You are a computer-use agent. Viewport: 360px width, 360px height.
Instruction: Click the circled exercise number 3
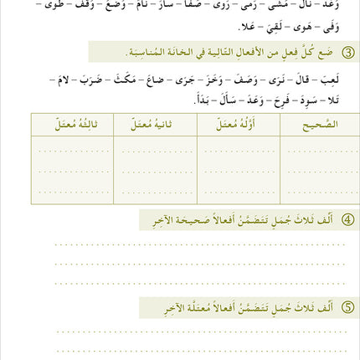point(348,53)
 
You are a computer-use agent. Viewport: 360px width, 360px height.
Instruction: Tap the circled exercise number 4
point(348,219)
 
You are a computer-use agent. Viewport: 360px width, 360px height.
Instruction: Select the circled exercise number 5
point(348,308)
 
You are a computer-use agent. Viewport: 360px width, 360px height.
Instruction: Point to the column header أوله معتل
point(238,124)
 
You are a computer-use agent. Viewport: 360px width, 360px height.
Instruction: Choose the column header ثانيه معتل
point(155,124)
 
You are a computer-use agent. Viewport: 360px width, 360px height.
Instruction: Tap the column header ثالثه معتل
point(74,124)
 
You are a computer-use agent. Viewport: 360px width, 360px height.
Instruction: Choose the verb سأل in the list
point(227,98)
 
